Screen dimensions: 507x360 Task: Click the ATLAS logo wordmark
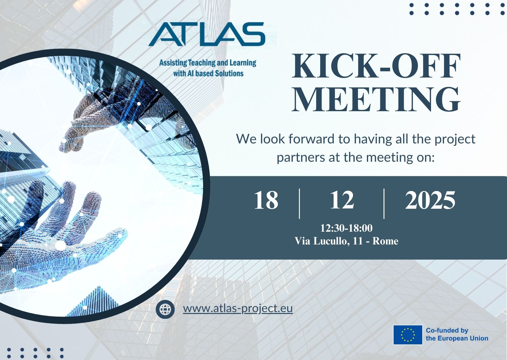(x=207, y=34)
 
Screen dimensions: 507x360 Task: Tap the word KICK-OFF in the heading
(x=376, y=66)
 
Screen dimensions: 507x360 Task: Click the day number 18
(x=266, y=200)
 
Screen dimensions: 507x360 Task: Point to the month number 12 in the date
(x=342, y=200)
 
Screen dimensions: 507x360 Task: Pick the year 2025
(x=430, y=200)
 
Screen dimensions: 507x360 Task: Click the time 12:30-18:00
(x=346, y=228)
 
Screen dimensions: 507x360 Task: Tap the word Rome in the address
(x=385, y=241)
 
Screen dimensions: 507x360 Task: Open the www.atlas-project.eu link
(x=238, y=308)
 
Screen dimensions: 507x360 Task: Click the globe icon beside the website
(x=165, y=309)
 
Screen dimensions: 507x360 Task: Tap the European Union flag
(x=408, y=335)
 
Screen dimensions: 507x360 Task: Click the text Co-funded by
(x=447, y=330)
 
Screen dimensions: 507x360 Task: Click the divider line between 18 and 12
(x=300, y=203)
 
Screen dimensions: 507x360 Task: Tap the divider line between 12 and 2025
(x=384, y=203)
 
